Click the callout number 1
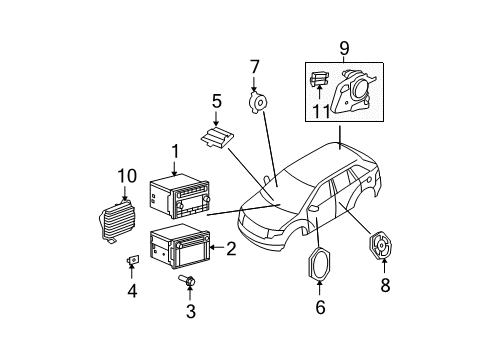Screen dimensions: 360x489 174,151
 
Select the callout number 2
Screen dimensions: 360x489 231,250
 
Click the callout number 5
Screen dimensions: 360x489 216,100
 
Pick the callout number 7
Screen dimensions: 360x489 255,67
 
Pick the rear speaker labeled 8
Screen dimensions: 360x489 382,249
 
